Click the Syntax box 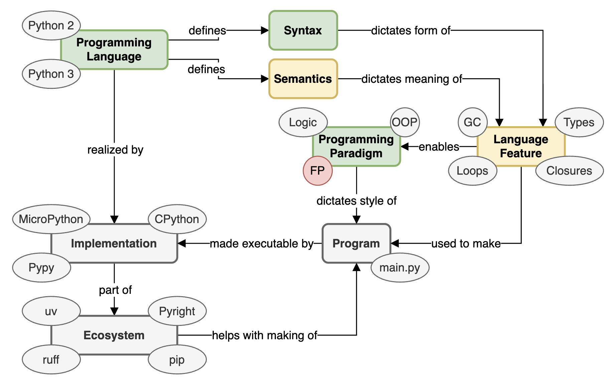point(303,30)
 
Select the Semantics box point(303,79)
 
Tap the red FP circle point(317,171)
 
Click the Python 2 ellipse point(51,25)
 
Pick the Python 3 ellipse point(51,74)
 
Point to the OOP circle point(405,122)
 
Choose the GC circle point(472,122)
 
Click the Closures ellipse point(569,171)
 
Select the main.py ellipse point(400,267)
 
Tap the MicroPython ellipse point(51,219)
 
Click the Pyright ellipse point(177,311)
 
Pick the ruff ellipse point(51,360)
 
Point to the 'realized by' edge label point(115,150)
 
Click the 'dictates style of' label point(356,201)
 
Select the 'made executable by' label point(262,243)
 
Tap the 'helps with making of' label point(265,335)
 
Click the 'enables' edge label point(439,147)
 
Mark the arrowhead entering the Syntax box point(265,30)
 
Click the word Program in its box point(356,243)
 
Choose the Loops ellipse point(472,171)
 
